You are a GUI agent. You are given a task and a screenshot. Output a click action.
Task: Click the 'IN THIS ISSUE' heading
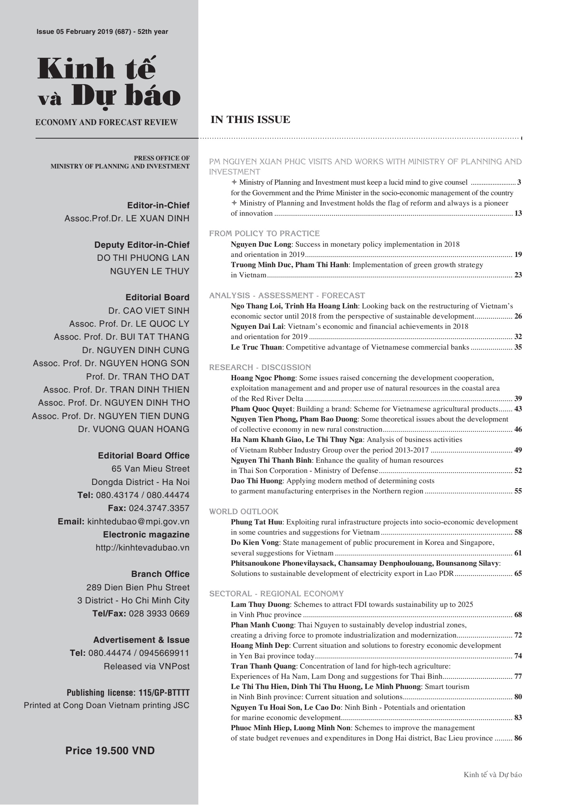[x=250, y=120]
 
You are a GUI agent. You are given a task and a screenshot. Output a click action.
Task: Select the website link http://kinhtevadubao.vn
[x=142, y=548]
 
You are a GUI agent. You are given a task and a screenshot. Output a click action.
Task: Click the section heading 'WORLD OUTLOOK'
[x=244, y=511]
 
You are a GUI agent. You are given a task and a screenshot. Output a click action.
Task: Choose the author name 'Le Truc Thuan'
[x=256, y=347]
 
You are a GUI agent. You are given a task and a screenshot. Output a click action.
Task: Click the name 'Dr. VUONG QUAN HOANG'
[x=134, y=429]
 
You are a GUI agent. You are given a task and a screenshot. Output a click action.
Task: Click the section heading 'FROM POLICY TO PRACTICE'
[x=264, y=233]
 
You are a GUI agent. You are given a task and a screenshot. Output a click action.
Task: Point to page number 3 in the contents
[x=519, y=183]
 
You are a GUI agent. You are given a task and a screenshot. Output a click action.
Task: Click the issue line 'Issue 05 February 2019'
[x=102, y=32]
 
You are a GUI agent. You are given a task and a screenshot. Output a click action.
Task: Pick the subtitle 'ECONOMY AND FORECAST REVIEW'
[x=106, y=123]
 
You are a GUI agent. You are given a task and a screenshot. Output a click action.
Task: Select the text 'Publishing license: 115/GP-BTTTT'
[x=128, y=693]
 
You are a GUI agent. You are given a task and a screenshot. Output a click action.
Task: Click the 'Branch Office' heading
[x=160, y=574]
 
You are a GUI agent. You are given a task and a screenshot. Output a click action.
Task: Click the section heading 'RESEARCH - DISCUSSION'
[x=260, y=367]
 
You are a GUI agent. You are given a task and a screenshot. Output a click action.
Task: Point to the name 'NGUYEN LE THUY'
[x=150, y=271]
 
